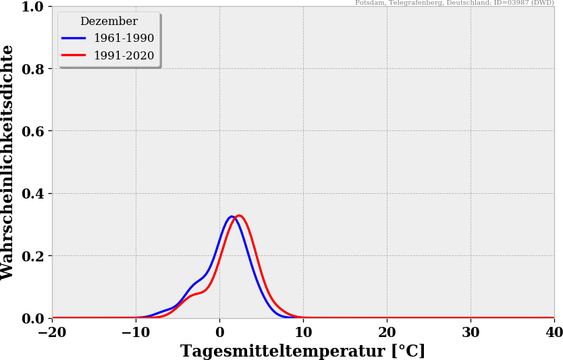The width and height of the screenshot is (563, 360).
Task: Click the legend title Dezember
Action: pyautogui.click(x=109, y=21)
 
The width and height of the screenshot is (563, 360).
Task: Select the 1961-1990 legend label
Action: pyautogui.click(x=124, y=38)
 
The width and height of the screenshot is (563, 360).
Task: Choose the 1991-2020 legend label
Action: pyautogui.click(x=124, y=55)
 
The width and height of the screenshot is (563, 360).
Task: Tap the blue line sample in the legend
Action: pyautogui.click(x=74, y=38)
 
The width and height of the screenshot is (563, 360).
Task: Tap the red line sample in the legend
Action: pyautogui.click(x=74, y=55)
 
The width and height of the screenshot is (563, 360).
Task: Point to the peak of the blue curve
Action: pyautogui.click(x=232, y=216)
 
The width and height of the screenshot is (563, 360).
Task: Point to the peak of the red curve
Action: pyautogui.click(x=239, y=215)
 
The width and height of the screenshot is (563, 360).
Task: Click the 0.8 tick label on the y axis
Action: pyautogui.click(x=33, y=69)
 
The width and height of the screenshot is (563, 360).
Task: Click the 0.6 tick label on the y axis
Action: pyautogui.click(x=33, y=131)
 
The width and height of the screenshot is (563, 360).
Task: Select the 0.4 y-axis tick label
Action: pyautogui.click(x=33, y=194)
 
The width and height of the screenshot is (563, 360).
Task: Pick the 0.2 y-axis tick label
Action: pyautogui.click(x=33, y=256)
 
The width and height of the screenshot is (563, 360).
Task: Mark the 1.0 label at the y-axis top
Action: pyautogui.click(x=33, y=7)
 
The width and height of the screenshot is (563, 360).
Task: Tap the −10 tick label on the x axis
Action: pyautogui.click(x=136, y=332)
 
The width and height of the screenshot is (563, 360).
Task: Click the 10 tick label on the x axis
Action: pyautogui.click(x=303, y=332)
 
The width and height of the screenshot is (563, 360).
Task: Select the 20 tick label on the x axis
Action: pyautogui.click(x=387, y=332)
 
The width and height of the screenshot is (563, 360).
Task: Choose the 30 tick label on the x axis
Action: pyautogui.click(x=471, y=332)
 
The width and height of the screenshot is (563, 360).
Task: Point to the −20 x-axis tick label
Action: pyautogui.click(x=52, y=332)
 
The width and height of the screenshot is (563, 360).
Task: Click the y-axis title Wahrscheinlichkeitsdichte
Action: pyautogui.click(x=7, y=162)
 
